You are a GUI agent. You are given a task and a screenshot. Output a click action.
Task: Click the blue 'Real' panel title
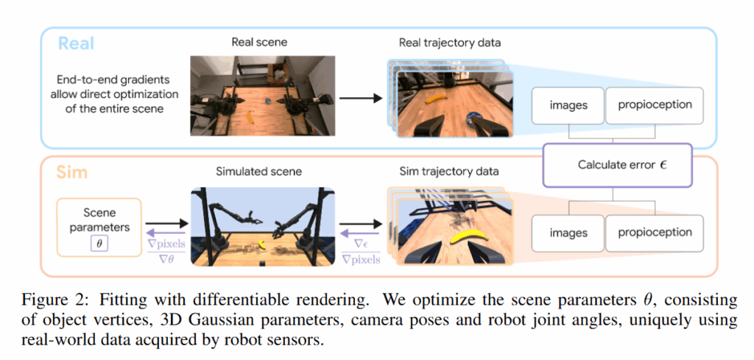(x=76, y=43)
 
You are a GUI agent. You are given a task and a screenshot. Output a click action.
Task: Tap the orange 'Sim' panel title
(x=71, y=172)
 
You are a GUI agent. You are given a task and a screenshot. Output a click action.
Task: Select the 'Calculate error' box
(x=618, y=165)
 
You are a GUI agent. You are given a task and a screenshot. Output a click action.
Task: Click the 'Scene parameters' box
(x=99, y=227)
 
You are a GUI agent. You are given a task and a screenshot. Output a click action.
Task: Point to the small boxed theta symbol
(x=99, y=244)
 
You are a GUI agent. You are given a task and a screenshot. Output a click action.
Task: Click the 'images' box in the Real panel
(x=568, y=105)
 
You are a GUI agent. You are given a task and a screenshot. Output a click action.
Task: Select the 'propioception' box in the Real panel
(x=654, y=105)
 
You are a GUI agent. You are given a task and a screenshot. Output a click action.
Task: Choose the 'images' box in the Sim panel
(x=568, y=233)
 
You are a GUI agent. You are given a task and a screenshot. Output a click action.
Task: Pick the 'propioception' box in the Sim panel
(x=654, y=233)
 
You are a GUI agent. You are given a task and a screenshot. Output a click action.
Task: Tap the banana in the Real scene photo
(x=250, y=117)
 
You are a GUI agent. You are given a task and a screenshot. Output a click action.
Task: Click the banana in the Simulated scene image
(x=263, y=244)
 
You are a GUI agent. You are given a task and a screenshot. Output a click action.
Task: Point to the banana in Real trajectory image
(x=436, y=99)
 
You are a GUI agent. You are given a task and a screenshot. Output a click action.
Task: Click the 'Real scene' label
(x=259, y=42)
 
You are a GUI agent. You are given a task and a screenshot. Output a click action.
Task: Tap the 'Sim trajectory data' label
(x=449, y=171)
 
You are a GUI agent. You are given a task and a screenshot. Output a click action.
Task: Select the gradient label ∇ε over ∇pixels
(x=360, y=251)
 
